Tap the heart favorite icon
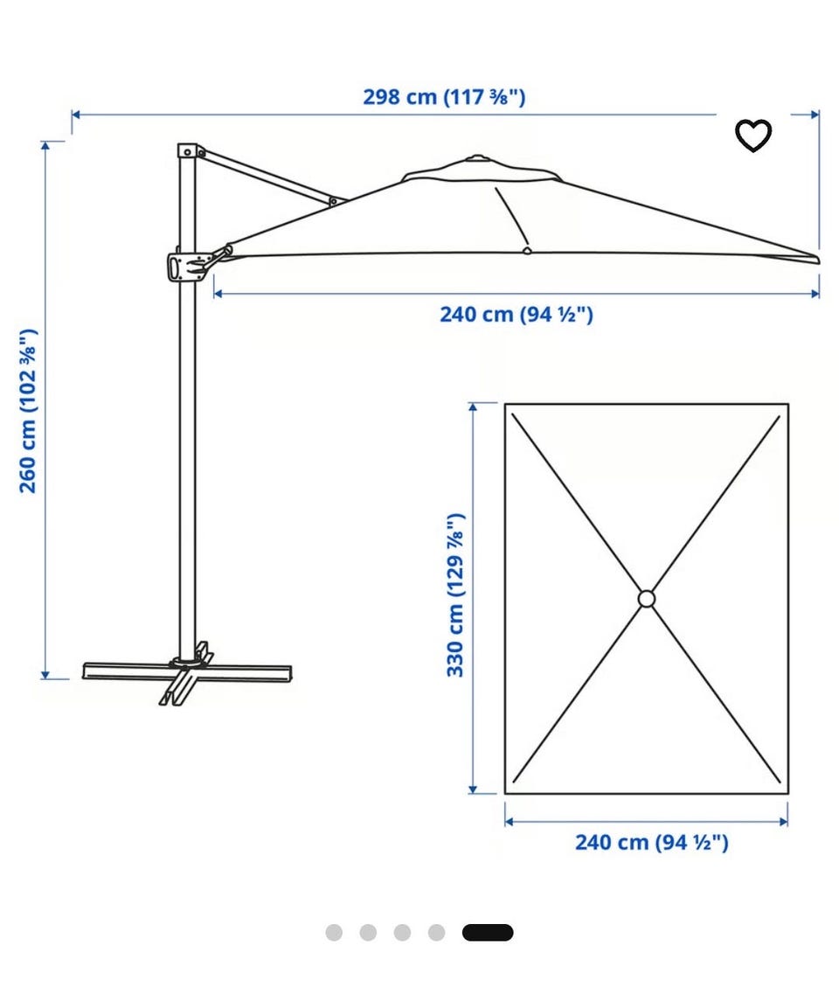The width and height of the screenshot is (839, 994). (752, 135)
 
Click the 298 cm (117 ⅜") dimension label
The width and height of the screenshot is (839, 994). (444, 97)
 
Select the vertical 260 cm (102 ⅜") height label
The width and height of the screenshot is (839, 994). (28, 411)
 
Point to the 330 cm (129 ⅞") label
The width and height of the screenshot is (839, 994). (455, 595)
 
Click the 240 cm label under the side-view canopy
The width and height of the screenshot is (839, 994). (517, 315)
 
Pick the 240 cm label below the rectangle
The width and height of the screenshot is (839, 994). (651, 843)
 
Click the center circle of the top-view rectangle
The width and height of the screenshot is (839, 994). (647, 599)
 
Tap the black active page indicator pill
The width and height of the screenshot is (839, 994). (488, 933)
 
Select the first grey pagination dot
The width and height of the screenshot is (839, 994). (334, 933)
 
